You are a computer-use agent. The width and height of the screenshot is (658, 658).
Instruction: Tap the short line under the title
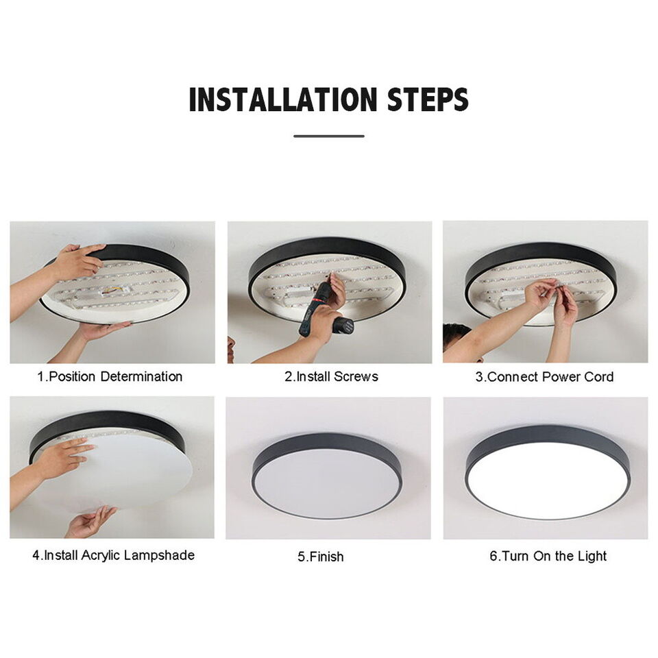click(x=329, y=136)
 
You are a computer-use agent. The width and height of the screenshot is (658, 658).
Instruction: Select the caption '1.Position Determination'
click(x=110, y=376)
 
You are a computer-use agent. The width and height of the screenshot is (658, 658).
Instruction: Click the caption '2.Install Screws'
click(x=331, y=376)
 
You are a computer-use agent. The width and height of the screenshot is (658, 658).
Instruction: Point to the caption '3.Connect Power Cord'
click(x=545, y=376)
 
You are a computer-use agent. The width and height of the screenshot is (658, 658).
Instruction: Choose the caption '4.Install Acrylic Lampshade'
click(x=113, y=555)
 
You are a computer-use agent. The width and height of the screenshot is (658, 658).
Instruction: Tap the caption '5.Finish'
click(x=321, y=557)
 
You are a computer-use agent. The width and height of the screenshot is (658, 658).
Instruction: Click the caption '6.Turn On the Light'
click(x=548, y=556)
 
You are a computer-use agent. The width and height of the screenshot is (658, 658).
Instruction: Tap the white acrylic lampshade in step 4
click(x=130, y=473)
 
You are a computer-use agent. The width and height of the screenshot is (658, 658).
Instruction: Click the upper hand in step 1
click(x=79, y=260)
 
